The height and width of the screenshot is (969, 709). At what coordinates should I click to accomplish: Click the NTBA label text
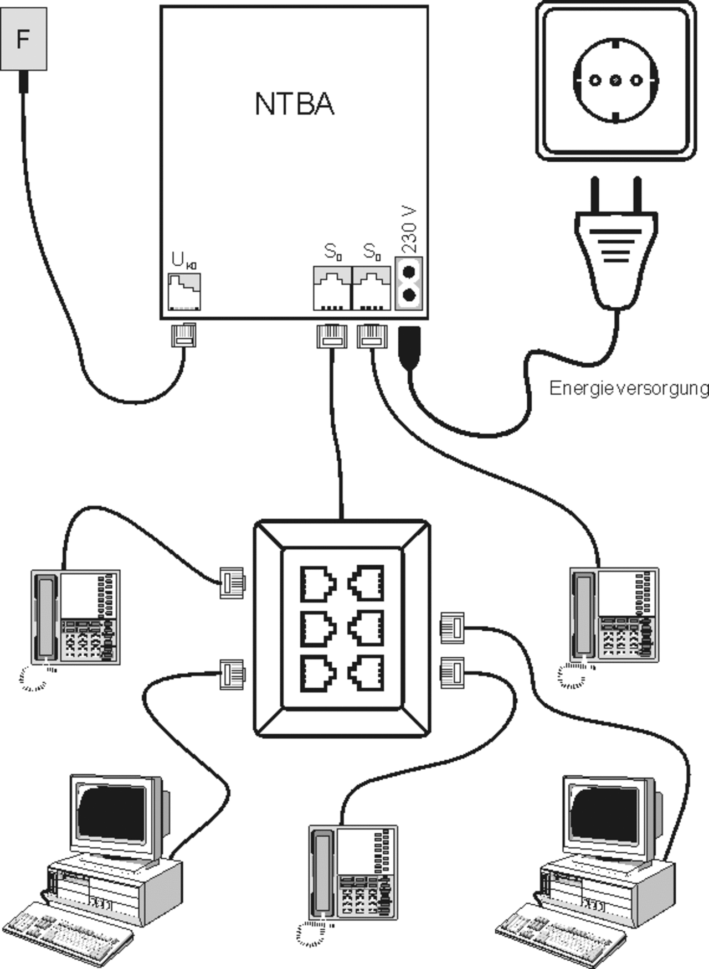pyautogui.click(x=294, y=104)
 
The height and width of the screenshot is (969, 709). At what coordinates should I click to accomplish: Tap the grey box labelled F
pyautogui.click(x=23, y=39)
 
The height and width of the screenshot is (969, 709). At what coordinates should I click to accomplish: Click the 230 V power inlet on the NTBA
pyautogui.click(x=409, y=283)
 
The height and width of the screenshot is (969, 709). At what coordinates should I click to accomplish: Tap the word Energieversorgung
pyautogui.click(x=629, y=388)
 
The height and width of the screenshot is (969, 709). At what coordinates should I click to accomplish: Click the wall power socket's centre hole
pyautogui.click(x=615, y=80)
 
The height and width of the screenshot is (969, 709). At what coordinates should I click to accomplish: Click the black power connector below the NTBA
pyautogui.click(x=409, y=347)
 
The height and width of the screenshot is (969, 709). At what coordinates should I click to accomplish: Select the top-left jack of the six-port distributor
pyautogui.click(x=318, y=584)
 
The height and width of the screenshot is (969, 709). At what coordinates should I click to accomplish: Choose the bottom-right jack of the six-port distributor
pyautogui.click(x=366, y=673)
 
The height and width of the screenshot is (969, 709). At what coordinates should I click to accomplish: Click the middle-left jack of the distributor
pyautogui.click(x=318, y=628)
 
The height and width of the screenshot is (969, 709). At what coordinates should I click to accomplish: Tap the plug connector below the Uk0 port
pyautogui.click(x=183, y=335)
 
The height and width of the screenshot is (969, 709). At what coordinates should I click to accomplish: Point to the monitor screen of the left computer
pyautogui.click(x=113, y=812)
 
